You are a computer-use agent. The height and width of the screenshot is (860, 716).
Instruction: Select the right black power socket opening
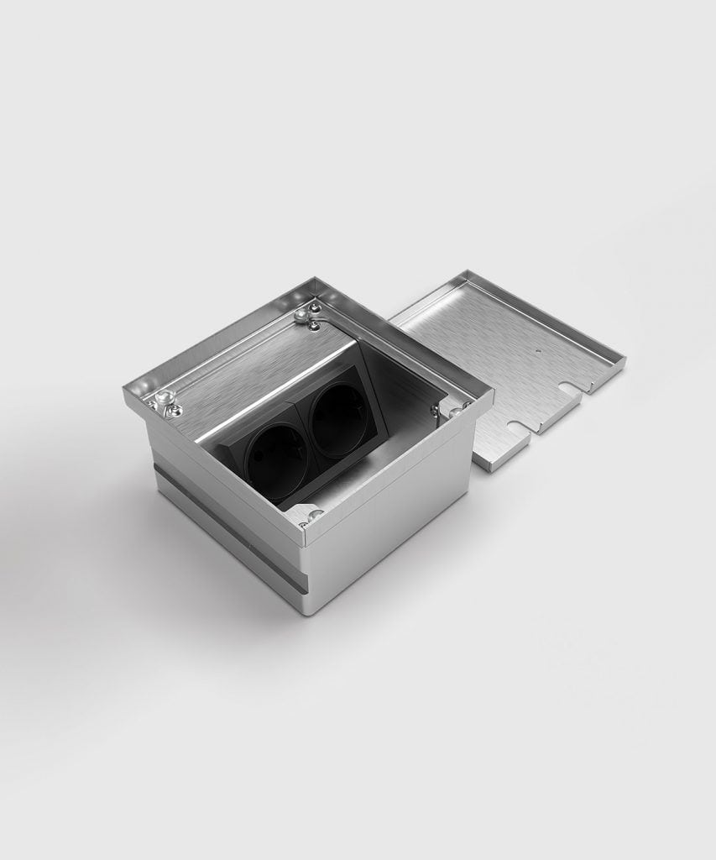click(x=338, y=420)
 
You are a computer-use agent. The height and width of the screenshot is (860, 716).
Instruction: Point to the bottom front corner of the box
click(x=305, y=611)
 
